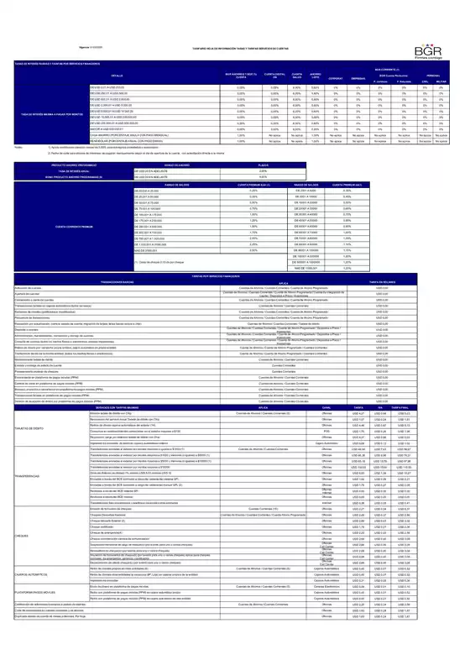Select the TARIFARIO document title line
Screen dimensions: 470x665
pos(235,48)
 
